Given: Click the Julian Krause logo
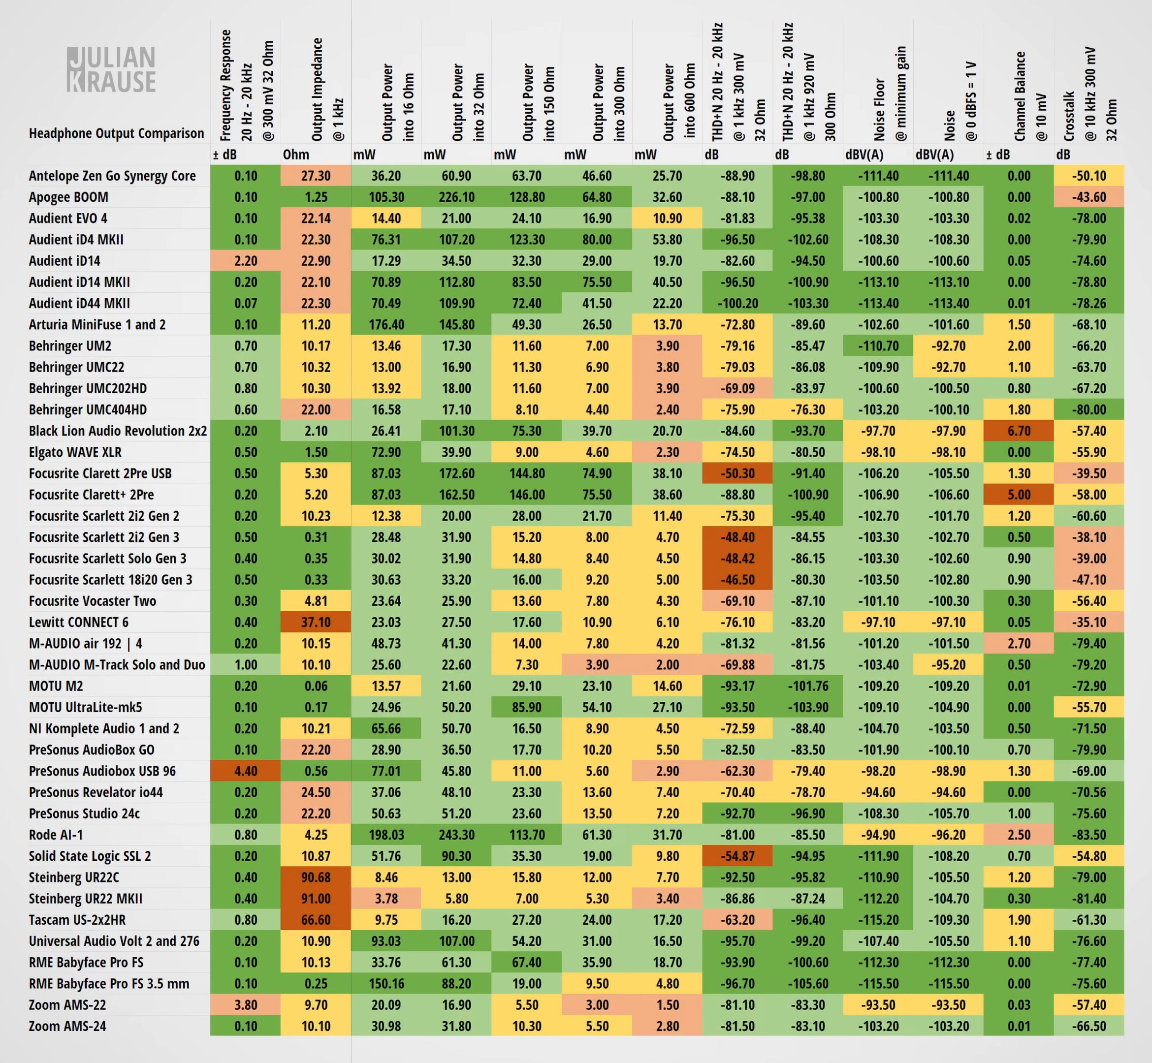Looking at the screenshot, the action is (x=111, y=69).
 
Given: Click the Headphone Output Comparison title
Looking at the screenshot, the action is (x=116, y=133).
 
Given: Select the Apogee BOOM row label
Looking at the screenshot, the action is (x=68, y=197).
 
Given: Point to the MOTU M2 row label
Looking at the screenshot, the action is (x=56, y=686).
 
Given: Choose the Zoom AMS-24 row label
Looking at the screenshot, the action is (x=67, y=1026).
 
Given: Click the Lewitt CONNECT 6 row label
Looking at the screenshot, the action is (x=79, y=622).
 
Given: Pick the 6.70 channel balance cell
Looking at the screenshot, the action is (x=1019, y=431).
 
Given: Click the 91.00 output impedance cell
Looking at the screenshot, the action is (x=316, y=899).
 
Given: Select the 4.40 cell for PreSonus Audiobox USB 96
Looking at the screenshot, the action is (x=246, y=771).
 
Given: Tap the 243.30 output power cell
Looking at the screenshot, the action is (x=456, y=835).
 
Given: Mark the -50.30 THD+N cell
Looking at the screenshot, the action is (x=737, y=473).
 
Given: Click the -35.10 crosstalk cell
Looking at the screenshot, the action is (x=1088, y=622).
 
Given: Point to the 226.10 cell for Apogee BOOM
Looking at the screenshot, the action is (x=456, y=197).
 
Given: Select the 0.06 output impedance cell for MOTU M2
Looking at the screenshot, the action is (x=316, y=686).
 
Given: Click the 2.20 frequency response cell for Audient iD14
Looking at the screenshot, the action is (x=246, y=260).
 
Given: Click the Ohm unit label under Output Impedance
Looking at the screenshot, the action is (x=296, y=155).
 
